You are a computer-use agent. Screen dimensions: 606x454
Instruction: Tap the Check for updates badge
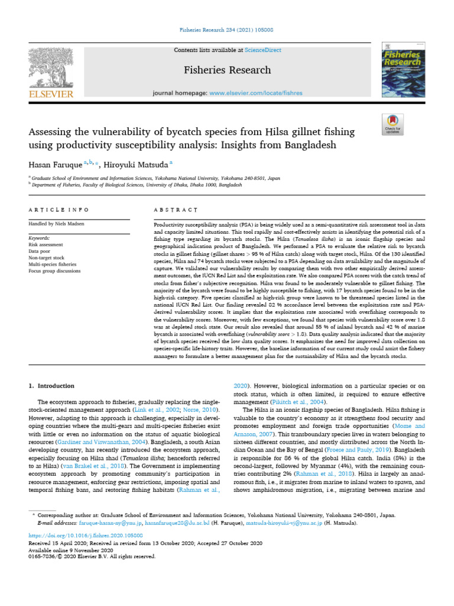click(393, 124)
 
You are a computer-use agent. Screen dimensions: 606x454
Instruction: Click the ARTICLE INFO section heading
click(59, 210)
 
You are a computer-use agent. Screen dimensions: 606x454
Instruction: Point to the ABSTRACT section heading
click(175, 210)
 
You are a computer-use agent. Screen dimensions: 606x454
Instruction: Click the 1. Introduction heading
click(52, 386)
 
